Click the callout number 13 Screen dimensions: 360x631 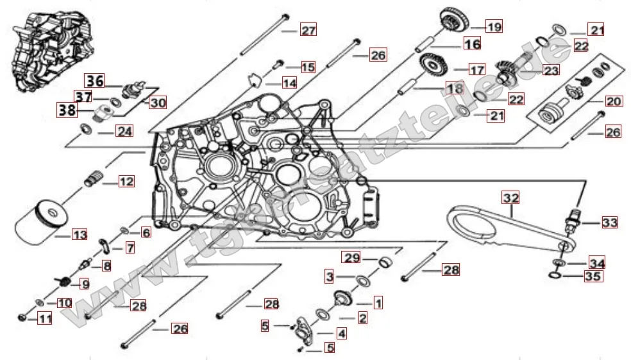80,236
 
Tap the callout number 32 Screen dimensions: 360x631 511,197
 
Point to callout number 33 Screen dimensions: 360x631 609,223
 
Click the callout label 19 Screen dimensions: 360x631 494,27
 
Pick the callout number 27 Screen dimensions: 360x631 308,31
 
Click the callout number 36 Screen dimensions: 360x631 96,81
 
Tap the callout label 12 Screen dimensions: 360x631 126,182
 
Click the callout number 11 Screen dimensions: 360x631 44,317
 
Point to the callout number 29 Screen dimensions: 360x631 351,258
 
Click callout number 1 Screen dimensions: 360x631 378,302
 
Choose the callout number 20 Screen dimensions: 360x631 614,101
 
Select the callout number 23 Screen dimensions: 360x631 551,70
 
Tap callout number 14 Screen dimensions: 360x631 290,83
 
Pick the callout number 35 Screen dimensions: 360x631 592,277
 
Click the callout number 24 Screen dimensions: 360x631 124,132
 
